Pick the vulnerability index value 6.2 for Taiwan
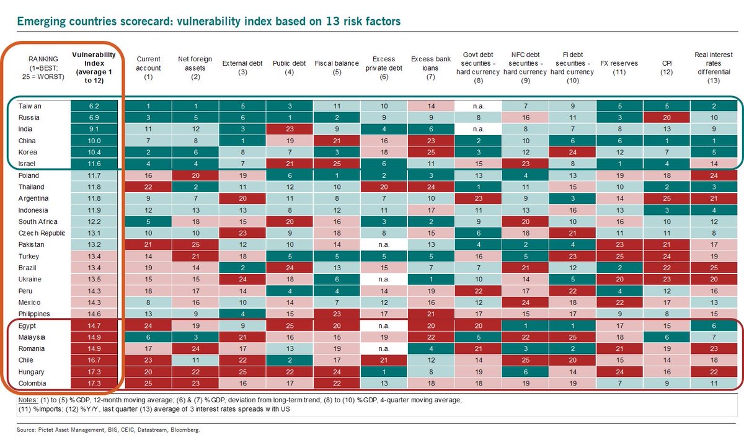94,107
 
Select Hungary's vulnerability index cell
94,371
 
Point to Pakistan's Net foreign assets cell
195,244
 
